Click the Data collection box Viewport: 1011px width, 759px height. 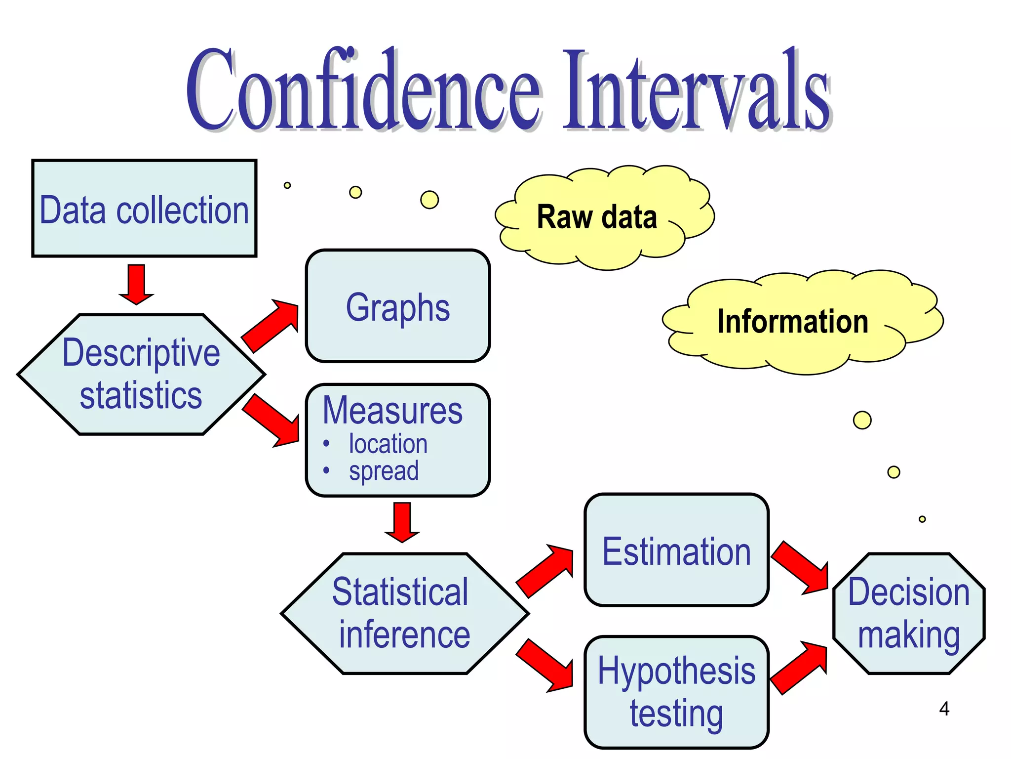pos(144,209)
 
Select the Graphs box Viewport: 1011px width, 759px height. pos(397,306)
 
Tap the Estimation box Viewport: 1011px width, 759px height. pos(676,550)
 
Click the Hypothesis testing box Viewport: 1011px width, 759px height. pos(676,692)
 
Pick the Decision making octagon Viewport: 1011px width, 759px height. pos(908,613)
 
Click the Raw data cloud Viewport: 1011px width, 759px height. pos(597,217)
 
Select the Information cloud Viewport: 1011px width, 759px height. pos(792,322)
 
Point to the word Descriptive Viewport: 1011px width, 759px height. pos(141,353)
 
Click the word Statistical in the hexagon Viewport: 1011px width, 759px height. pos(400,591)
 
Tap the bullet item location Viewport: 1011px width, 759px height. pos(388,444)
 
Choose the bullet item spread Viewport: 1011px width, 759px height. pos(384,470)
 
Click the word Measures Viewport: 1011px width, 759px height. pos(392,411)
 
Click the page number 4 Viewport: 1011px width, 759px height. pos(944,709)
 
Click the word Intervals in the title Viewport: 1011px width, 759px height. pos(696,91)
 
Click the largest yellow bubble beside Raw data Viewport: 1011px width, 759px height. pos(429,200)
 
